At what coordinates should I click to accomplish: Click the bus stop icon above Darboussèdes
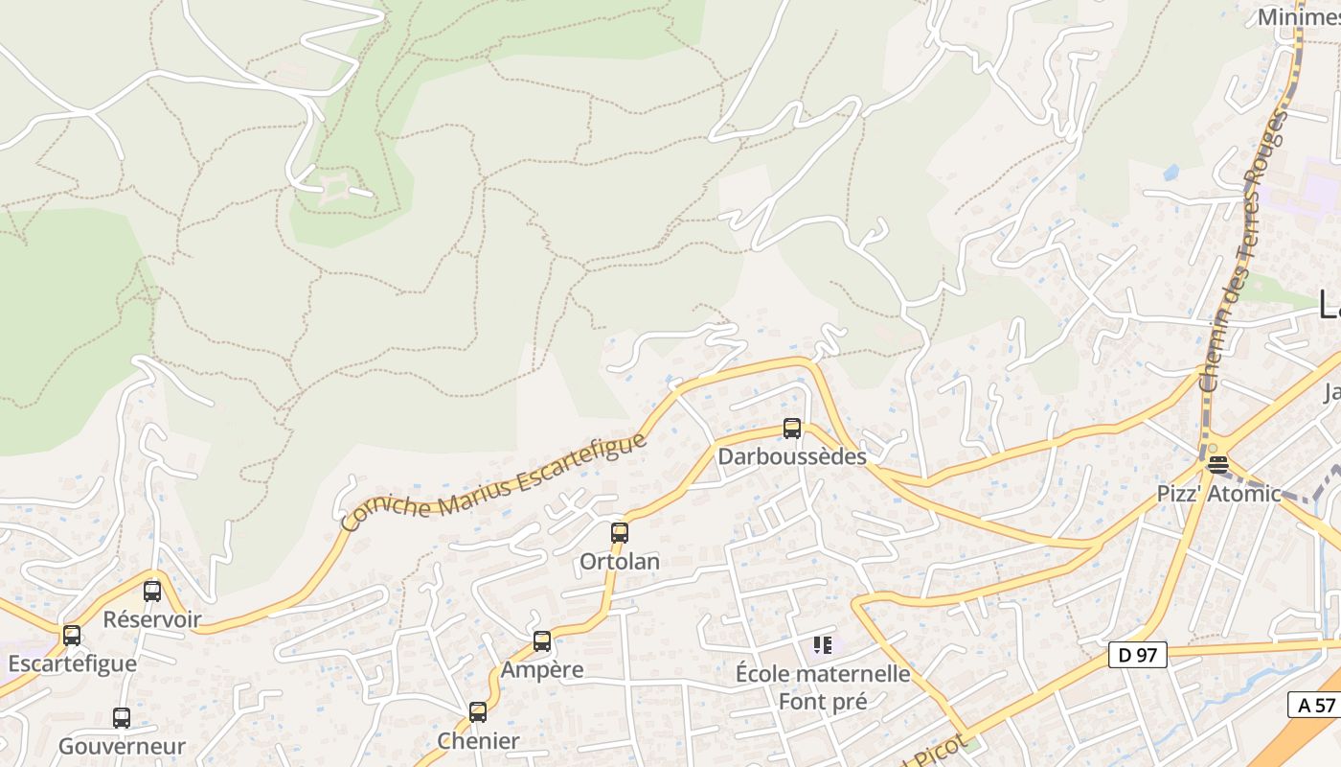click(792, 429)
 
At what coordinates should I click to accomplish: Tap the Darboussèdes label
click(792, 456)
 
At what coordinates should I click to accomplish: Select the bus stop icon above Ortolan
click(620, 533)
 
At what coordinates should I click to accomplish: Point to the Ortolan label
click(620, 561)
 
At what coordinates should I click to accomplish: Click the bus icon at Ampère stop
click(542, 641)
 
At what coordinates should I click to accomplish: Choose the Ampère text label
click(542, 669)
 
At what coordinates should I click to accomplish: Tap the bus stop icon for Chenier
click(478, 712)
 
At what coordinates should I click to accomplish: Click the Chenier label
click(478, 740)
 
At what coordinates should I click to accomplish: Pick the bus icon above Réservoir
click(152, 592)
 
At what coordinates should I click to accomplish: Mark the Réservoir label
click(152, 619)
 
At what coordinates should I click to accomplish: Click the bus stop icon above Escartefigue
click(72, 636)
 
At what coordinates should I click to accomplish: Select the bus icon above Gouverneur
click(122, 718)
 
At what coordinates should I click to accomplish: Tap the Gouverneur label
click(122, 746)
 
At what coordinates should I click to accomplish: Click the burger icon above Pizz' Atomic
click(1217, 465)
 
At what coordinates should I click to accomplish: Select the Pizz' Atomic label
click(1217, 494)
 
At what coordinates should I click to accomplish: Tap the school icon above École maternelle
click(823, 645)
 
